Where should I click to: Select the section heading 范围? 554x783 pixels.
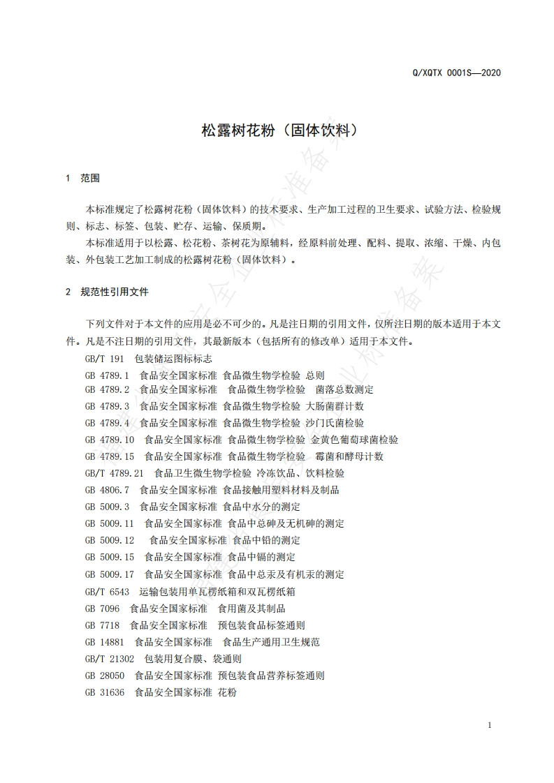coord(90,179)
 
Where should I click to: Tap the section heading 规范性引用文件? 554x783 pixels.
coord(115,292)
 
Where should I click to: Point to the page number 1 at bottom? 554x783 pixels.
coord(490,725)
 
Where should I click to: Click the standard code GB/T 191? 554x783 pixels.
coord(104,359)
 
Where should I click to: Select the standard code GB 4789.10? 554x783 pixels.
coord(109,440)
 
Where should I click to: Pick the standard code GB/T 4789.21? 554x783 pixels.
coord(114,473)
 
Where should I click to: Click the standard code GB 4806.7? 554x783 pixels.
coord(107,490)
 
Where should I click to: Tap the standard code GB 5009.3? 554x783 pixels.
coord(107,507)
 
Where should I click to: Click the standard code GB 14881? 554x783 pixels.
coord(104,642)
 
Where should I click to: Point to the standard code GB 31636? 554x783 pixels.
coord(104,692)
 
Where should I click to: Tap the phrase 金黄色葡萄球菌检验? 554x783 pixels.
coord(354,440)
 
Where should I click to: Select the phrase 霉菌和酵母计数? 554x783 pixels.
coord(349,456)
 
